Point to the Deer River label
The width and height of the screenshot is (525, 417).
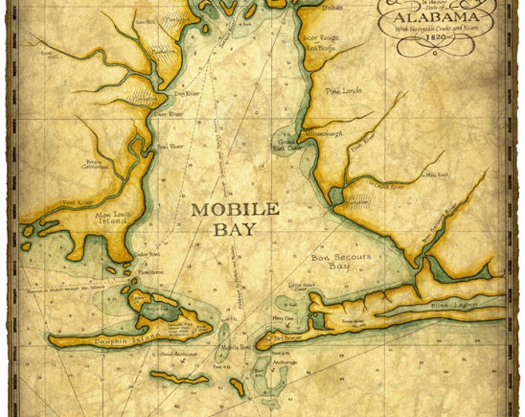[171, 114]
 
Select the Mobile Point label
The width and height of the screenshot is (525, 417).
[230, 347]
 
